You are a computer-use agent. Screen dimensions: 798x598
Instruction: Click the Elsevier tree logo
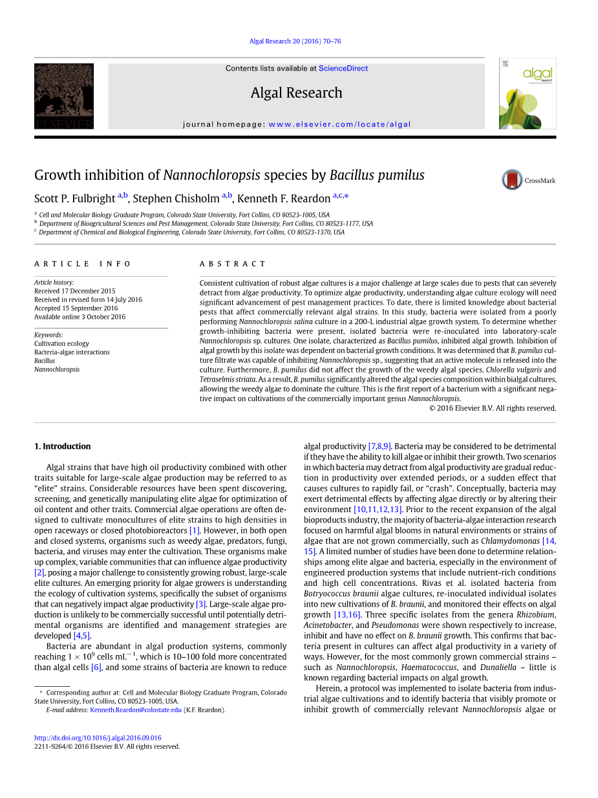[x=64, y=96]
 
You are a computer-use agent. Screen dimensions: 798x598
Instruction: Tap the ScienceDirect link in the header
[x=343, y=69]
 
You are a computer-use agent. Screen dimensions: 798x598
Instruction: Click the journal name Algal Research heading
[x=296, y=93]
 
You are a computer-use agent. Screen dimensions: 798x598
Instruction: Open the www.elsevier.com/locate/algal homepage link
[x=339, y=124]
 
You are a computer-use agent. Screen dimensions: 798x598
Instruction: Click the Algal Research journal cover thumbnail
[x=527, y=94]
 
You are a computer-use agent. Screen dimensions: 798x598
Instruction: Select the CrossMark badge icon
[x=512, y=180]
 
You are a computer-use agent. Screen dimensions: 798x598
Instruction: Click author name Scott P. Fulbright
[x=75, y=199]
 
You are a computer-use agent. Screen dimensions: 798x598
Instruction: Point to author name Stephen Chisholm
[x=176, y=199]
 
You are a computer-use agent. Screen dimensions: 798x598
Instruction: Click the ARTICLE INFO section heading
[x=83, y=264]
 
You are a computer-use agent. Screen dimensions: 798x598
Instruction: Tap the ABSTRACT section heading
[x=233, y=264]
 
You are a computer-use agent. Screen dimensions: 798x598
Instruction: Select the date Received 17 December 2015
[x=74, y=291]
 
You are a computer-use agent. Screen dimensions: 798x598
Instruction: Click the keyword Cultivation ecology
[x=61, y=343]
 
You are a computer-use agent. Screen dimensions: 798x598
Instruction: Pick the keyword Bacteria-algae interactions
[x=72, y=352]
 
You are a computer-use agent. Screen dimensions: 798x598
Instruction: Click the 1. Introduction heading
[x=62, y=446]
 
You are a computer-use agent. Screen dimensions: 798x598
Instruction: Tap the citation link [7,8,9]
[x=379, y=446]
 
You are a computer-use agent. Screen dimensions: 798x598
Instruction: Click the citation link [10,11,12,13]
[x=378, y=510]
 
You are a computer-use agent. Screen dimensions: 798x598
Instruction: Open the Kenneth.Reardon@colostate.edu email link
[x=136, y=709]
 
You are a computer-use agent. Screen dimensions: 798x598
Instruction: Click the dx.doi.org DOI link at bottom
[x=98, y=738]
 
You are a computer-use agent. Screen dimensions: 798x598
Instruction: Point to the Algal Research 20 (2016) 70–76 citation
[x=295, y=41]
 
